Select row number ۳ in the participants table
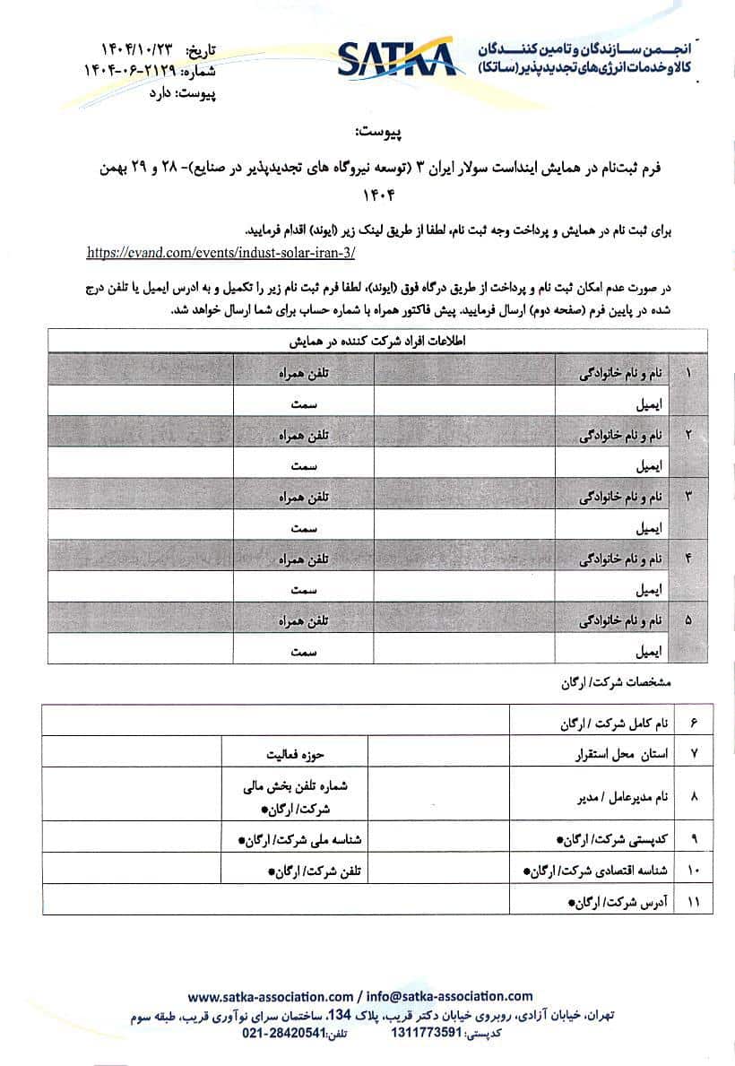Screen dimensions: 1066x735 tap(688, 494)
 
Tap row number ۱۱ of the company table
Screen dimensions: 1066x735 tap(692, 900)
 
